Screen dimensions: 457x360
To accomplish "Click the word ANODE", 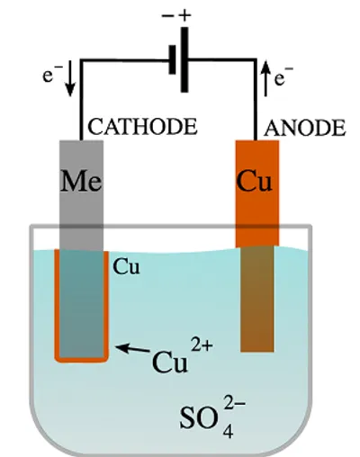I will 304,128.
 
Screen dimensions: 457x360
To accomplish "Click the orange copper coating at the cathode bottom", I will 83,357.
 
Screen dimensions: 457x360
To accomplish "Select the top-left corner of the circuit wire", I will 82,60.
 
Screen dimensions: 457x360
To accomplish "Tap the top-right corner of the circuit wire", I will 255,60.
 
